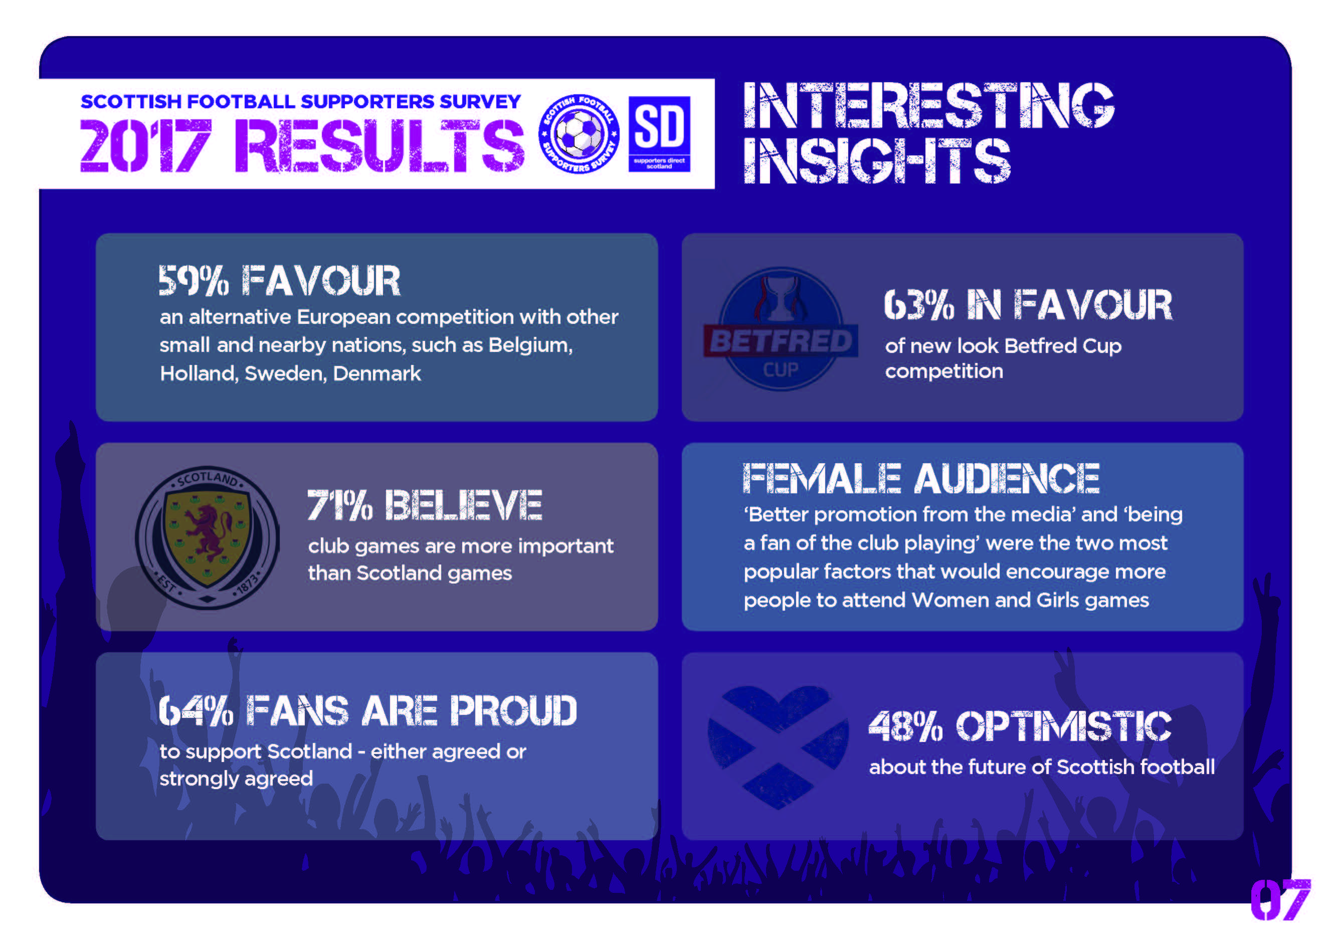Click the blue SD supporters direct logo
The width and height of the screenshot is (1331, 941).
coord(659,134)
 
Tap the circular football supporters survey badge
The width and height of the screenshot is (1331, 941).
coord(579,134)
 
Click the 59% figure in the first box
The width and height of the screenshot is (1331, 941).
coord(194,281)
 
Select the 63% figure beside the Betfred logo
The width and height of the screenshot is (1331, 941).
coord(919,305)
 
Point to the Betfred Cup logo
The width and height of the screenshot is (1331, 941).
coord(780,329)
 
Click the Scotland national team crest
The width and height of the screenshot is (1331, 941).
coord(208,537)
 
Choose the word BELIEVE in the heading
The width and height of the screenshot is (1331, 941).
coord(463,505)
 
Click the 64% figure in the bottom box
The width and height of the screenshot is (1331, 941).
coord(196,711)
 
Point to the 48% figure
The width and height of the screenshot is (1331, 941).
coord(905,726)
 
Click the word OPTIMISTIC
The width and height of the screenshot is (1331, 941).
coord(1063,726)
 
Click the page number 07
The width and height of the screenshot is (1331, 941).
coord(1280,900)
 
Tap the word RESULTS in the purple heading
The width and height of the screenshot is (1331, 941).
coord(379,145)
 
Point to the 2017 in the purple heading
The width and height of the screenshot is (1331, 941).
coord(145,145)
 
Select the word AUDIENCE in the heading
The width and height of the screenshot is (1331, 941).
coord(1007,478)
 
